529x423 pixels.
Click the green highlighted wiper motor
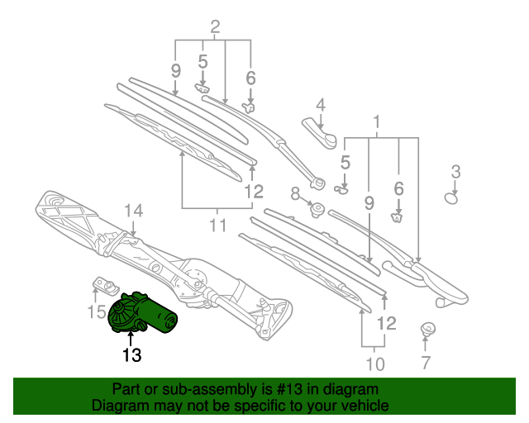pos(141,314)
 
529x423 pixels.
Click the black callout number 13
pos(131,355)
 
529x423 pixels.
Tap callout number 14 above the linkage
pos(134,211)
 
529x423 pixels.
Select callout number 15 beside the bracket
pos(97,311)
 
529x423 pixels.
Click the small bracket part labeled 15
pos(106,286)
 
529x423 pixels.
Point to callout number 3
pos(455,172)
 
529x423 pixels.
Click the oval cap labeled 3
pos(451,198)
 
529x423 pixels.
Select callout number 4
pos(321,105)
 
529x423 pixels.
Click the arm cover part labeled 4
pos(320,133)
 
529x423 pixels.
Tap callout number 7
pos(426,363)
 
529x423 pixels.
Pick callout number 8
pos(295,194)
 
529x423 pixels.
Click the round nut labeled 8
pos(317,210)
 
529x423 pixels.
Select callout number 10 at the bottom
pos(375,364)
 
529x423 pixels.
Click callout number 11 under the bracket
pos(217,225)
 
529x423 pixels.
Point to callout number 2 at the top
pos(215,26)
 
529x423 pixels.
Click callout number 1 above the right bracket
pos(377,122)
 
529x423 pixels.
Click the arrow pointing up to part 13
pos(131,338)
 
